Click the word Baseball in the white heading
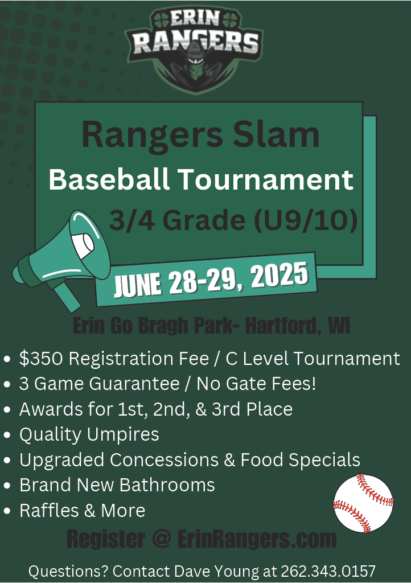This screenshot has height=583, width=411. [x=109, y=179]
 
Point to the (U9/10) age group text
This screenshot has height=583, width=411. [x=306, y=220]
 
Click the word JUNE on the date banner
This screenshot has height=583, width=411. [x=137, y=285]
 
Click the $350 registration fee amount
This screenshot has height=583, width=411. [x=41, y=359]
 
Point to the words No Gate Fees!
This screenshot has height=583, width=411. [x=256, y=384]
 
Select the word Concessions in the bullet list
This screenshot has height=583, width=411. [x=163, y=459]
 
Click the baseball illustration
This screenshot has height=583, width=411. [x=363, y=503]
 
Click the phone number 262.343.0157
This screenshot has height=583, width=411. [x=328, y=570]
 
